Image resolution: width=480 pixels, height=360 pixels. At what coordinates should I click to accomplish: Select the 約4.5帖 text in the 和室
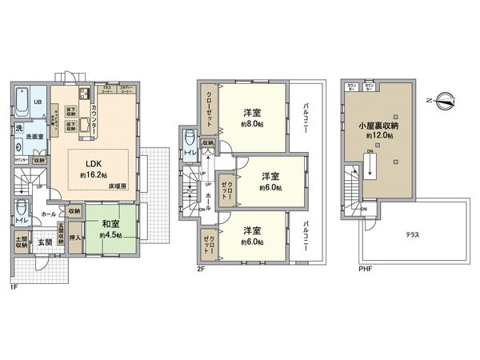tap(110, 236)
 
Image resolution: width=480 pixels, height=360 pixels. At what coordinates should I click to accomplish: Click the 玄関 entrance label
tap(44, 241)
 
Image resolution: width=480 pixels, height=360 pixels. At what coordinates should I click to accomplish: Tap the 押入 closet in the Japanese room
tap(74, 238)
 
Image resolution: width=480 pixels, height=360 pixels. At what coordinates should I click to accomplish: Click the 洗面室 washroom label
tap(31, 136)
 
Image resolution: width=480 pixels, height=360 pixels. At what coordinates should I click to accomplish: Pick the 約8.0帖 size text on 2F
tap(251, 125)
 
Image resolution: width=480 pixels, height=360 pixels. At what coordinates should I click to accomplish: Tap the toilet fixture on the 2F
tap(190, 139)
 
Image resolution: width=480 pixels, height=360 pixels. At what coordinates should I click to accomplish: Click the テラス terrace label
tap(414, 234)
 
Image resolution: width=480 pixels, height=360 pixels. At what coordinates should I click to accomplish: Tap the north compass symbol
tap(445, 102)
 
